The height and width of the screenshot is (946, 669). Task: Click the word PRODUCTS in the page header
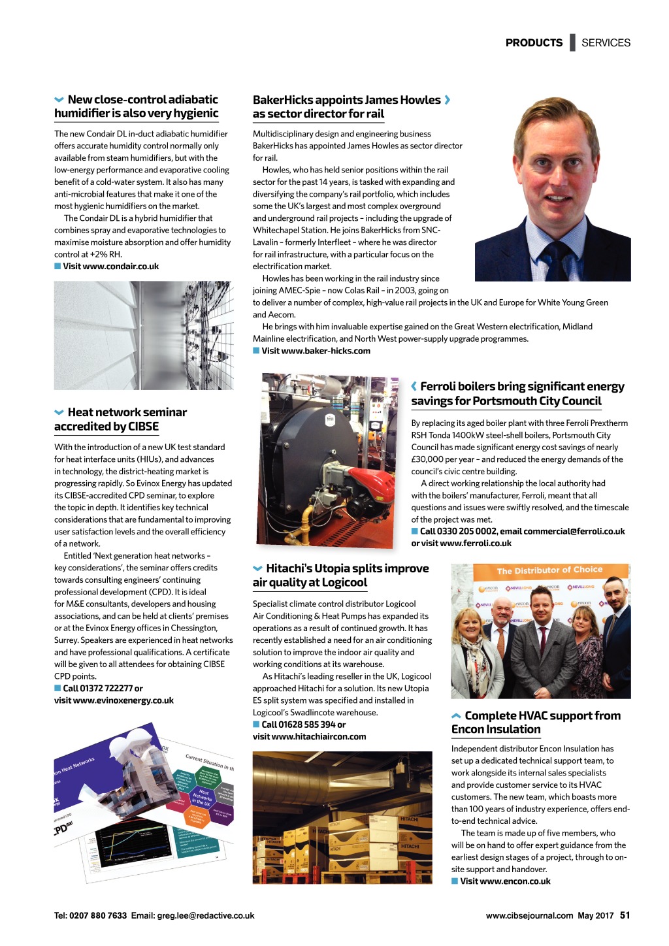[534, 42]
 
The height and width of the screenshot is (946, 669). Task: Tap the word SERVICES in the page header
[606, 42]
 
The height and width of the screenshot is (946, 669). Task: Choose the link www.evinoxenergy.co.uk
[123, 700]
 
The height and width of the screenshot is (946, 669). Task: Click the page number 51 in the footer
[625, 915]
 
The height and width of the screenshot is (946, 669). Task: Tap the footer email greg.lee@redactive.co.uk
[206, 915]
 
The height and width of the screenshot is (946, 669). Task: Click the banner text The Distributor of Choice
[549, 570]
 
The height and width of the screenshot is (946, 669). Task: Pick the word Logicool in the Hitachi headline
[344, 583]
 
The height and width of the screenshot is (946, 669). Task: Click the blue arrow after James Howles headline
[448, 100]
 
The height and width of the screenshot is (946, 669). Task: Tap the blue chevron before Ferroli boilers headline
[414, 387]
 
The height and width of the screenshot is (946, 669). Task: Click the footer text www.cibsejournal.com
[529, 915]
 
